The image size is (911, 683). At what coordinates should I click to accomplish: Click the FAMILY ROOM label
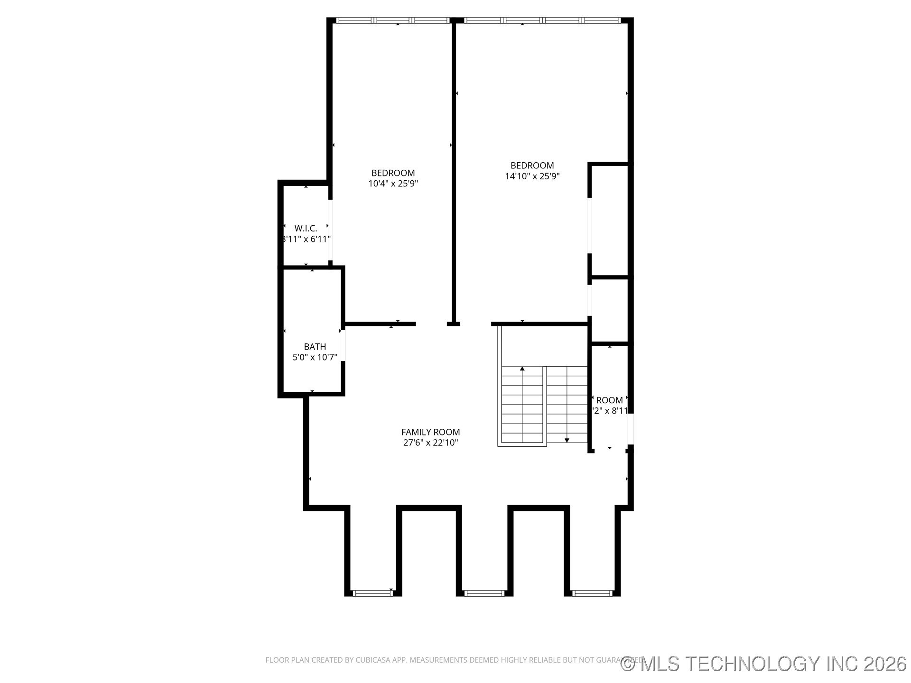[430, 432]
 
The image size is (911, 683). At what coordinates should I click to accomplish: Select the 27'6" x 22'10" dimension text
[430, 443]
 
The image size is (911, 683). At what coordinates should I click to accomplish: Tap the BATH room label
[315, 347]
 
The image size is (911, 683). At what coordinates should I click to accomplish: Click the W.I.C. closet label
[306, 229]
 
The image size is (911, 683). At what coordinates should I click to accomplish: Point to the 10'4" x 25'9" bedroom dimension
[393, 184]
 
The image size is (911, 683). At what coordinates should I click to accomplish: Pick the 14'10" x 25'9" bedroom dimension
[532, 176]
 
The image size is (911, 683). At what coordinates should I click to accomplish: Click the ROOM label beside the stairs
[609, 400]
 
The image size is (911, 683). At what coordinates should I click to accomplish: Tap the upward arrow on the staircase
[522, 369]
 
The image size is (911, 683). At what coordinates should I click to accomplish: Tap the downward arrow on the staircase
[567, 441]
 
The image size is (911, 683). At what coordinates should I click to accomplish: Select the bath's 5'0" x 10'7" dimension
[315, 358]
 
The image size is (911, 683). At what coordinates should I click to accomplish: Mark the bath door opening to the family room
[343, 345]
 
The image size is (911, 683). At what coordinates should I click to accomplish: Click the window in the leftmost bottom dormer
[373, 593]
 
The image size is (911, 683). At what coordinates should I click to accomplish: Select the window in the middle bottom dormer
[484, 593]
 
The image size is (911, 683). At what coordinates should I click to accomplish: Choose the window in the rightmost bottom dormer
[592, 593]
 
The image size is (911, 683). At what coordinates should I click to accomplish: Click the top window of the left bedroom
[393, 20]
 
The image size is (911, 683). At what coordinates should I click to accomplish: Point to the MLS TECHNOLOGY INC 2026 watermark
[764, 664]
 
